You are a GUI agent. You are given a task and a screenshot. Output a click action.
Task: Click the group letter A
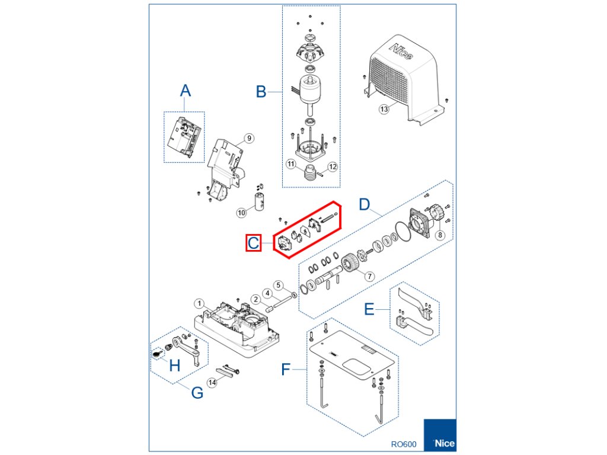pos(186,91)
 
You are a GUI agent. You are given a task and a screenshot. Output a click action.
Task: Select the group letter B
pos(261,92)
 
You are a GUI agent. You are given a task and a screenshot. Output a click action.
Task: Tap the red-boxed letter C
pos(254,243)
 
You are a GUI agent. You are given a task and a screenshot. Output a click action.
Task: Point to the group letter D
pos(365,206)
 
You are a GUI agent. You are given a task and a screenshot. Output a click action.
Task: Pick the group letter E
pos(369,309)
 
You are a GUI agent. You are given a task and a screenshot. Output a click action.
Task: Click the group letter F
pos(286,370)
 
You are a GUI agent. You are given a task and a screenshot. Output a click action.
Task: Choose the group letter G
pos(197,392)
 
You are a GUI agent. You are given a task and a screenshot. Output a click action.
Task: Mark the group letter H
pos(174,365)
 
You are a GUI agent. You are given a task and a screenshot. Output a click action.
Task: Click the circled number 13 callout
pos(384,109)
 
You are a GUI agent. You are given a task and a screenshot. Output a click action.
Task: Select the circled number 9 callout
pos(249,138)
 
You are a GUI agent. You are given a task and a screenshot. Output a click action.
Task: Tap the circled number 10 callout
pos(241,212)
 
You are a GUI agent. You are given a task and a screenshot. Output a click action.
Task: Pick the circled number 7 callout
pos(369,276)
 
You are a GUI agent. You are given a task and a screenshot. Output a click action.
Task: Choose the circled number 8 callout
pos(439,235)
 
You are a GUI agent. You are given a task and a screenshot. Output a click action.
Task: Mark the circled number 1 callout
pos(200,303)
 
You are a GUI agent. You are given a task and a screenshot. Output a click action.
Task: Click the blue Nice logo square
pos(439,437)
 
